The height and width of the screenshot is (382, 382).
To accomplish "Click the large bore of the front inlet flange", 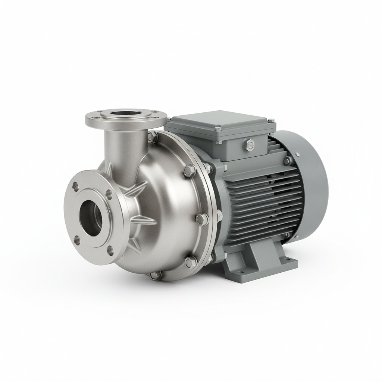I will click(91, 218).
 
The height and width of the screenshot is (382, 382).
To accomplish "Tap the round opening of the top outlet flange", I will click(126, 114).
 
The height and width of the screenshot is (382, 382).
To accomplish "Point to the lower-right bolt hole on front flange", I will click(110, 251).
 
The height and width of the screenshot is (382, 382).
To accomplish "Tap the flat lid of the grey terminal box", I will click(220, 121).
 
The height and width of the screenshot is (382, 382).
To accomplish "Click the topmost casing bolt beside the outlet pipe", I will click(152, 137).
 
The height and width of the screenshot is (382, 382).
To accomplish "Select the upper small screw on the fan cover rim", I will click(297, 154).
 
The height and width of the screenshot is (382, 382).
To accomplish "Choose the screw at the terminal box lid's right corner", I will click(270, 120).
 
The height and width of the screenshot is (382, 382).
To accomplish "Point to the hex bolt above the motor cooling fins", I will click(288, 161).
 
